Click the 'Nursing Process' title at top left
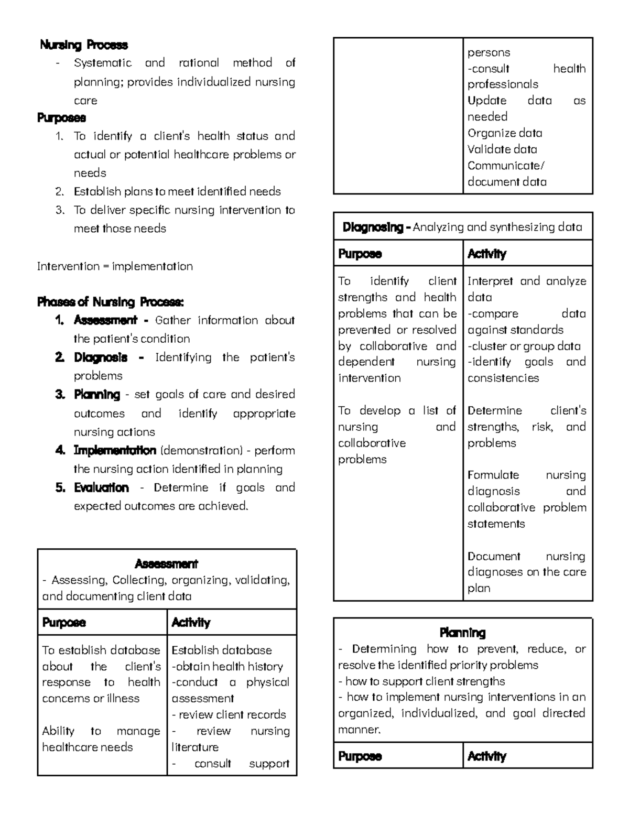[84, 45]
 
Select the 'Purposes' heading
[61, 117]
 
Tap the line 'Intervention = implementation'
[115, 266]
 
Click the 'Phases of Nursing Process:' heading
[110, 302]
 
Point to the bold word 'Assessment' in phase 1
[105, 320]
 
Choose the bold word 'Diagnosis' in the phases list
[101, 357]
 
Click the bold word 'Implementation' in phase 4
[115, 450]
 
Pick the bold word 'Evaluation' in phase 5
[101, 487]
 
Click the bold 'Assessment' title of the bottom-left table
[166, 564]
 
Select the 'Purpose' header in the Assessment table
[63, 623]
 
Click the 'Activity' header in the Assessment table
[191, 623]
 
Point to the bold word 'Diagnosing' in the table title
[373, 227]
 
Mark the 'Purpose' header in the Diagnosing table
[360, 254]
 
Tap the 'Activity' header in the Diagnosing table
[487, 254]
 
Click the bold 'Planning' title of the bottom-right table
[462, 633]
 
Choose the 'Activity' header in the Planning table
[487, 756]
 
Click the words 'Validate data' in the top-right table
[502, 149]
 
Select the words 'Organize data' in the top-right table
[505, 133]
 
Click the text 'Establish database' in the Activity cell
[222, 650]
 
